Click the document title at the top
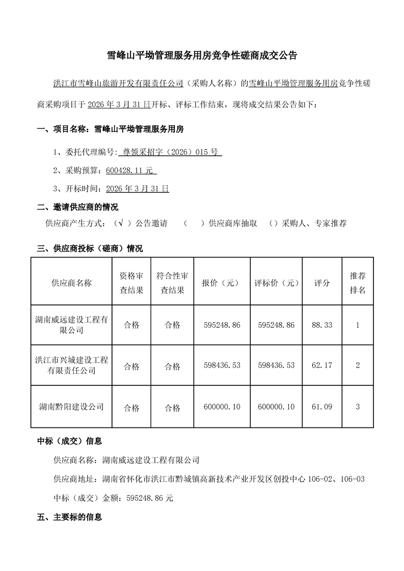tap(202, 55)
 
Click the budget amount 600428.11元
tap(131, 170)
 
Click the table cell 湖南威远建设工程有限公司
tap(71, 325)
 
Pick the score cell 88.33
tap(322, 325)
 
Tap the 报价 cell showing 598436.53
tap(221, 365)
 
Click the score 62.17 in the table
tap(322, 365)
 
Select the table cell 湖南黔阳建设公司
tap(71, 407)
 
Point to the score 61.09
tap(322, 407)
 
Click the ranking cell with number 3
tap(358, 407)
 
